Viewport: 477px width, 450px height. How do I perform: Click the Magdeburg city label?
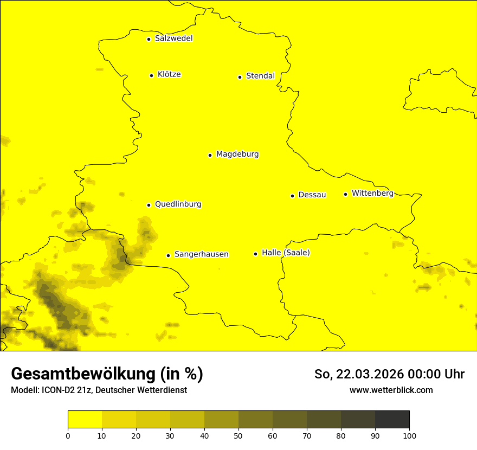click(237, 155)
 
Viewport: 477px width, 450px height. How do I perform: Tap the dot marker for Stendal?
click(240, 77)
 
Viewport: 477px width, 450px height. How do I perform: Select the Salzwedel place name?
click(173, 38)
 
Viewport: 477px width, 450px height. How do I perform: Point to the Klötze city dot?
click(151, 75)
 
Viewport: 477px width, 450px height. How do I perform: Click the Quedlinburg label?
click(178, 204)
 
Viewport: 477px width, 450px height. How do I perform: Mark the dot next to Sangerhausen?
click(169, 255)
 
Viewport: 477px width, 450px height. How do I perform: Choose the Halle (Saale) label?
click(286, 253)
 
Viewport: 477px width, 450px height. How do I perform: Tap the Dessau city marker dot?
click(292, 196)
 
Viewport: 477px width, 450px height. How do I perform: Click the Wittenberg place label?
click(372, 194)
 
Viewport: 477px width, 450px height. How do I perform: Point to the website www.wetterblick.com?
click(391, 390)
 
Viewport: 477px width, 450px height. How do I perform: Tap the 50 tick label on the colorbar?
click(238, 435)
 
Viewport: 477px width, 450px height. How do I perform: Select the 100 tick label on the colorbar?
click(409, 435)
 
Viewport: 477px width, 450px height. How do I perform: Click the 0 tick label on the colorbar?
click(68, 435)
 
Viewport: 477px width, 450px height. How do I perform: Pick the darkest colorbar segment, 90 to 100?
click(392, 420)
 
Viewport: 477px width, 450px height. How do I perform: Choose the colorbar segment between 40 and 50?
click(221, 420)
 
